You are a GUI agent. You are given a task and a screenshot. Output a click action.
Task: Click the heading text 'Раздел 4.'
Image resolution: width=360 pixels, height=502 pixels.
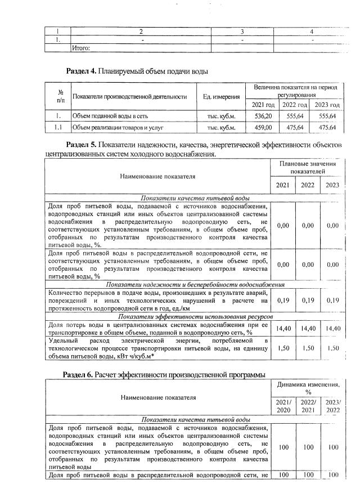81,71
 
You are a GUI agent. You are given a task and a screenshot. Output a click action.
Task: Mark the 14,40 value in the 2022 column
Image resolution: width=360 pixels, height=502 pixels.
307,328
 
